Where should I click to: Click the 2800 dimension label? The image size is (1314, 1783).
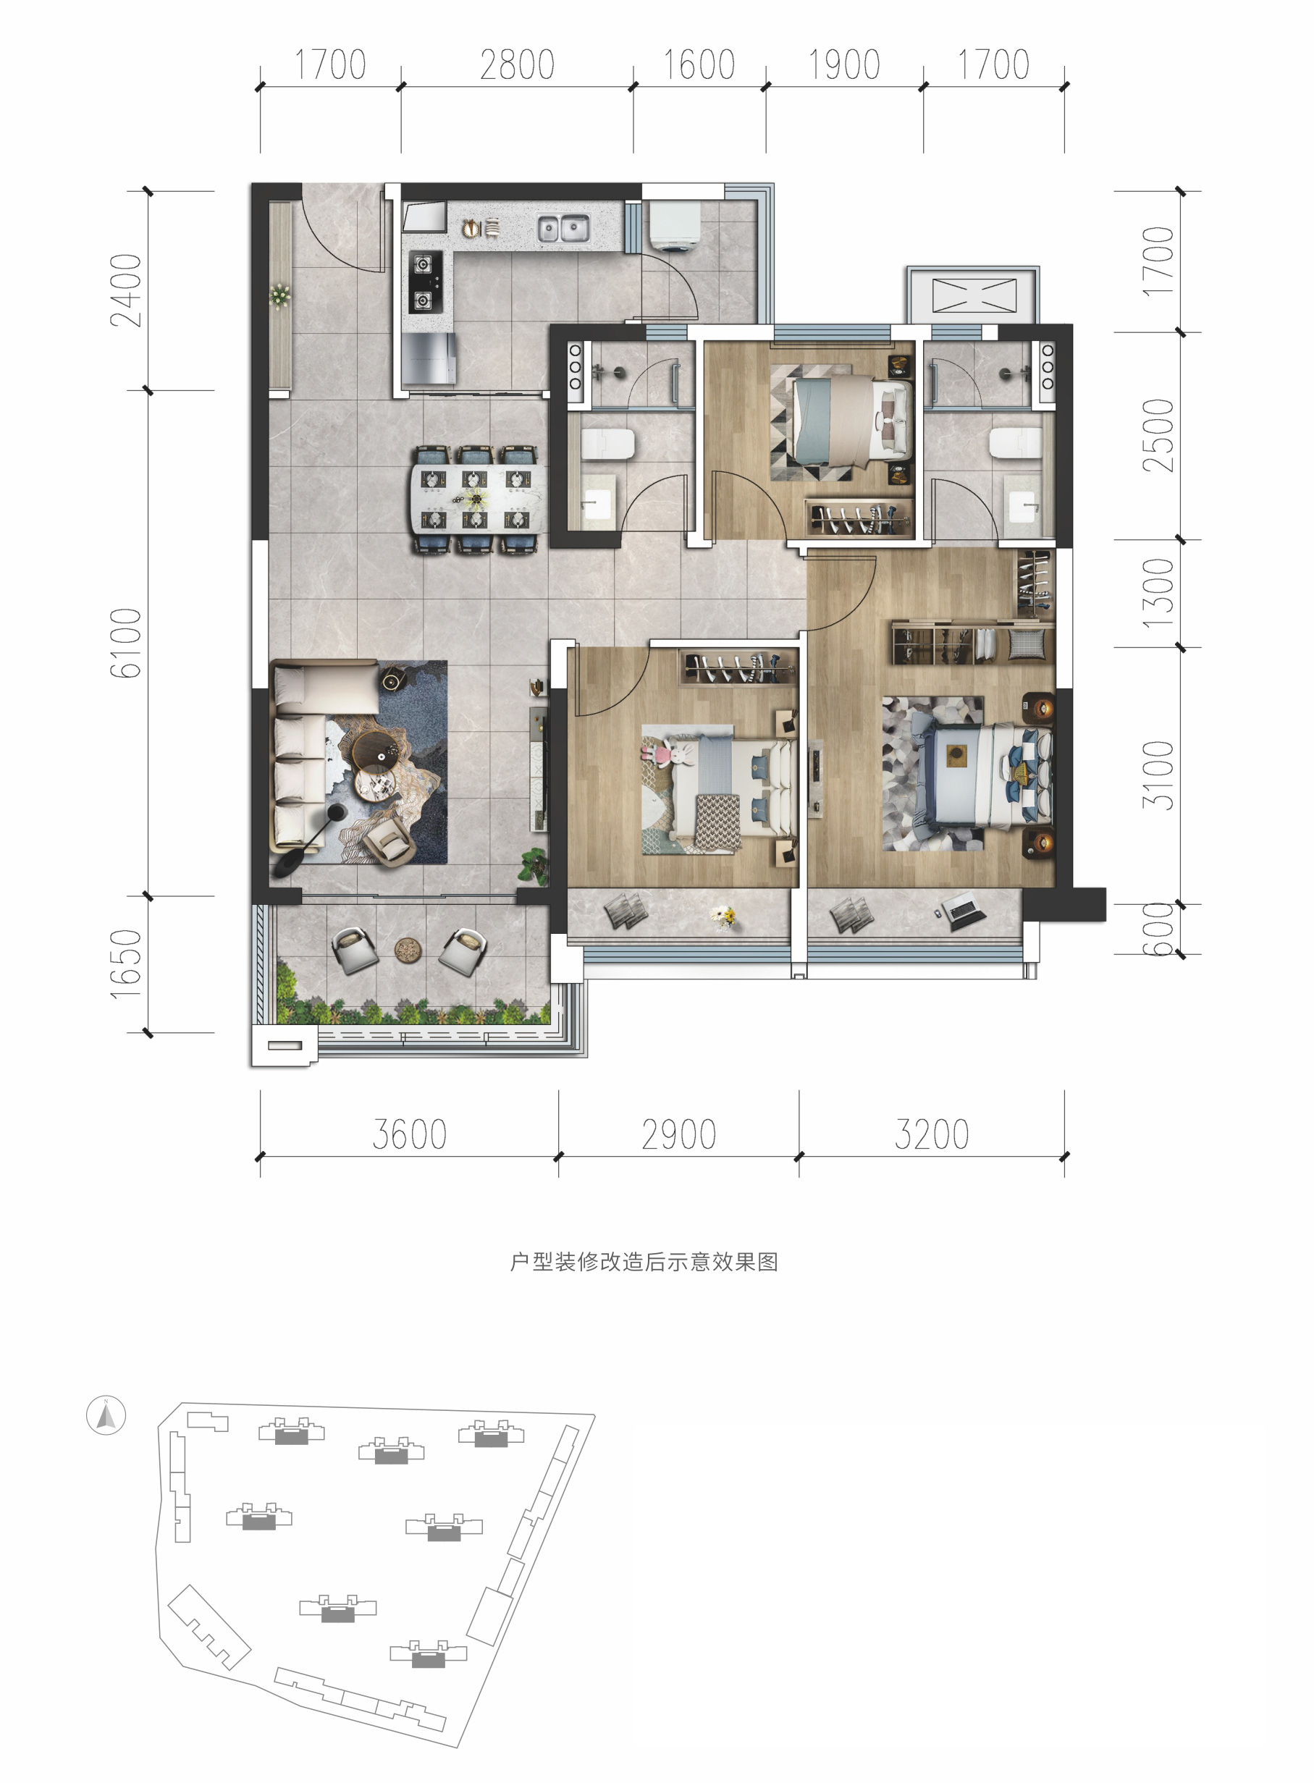517,65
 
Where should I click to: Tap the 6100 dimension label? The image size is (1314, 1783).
126,643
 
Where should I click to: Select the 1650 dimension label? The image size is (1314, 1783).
126,964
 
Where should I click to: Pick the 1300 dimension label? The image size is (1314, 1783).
1158,594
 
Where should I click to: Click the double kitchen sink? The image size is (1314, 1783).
563,228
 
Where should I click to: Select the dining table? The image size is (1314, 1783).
479,499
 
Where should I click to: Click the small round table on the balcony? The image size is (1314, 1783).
408,949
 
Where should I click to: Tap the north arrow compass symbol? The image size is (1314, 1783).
106,1415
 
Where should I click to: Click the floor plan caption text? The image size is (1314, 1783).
644,1262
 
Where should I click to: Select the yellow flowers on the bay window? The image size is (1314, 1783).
724,918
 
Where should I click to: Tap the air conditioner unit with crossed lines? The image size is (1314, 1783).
974,295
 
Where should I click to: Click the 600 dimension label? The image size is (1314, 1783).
1158,929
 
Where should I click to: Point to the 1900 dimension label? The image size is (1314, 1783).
844,65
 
